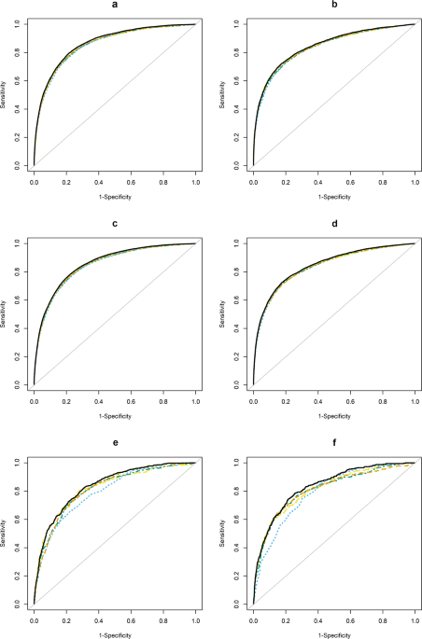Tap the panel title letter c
coord(115,224)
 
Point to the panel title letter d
coord(334,224)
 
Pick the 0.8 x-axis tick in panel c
coord(163,396)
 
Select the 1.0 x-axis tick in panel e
coord(195,616)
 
